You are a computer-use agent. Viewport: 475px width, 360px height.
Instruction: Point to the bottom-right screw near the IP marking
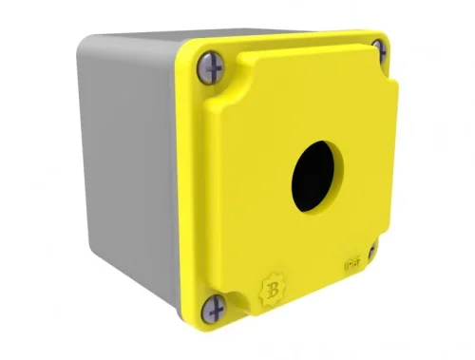click(x=372, y=251)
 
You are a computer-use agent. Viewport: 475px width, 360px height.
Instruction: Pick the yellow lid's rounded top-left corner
click(x=186, y=53)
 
